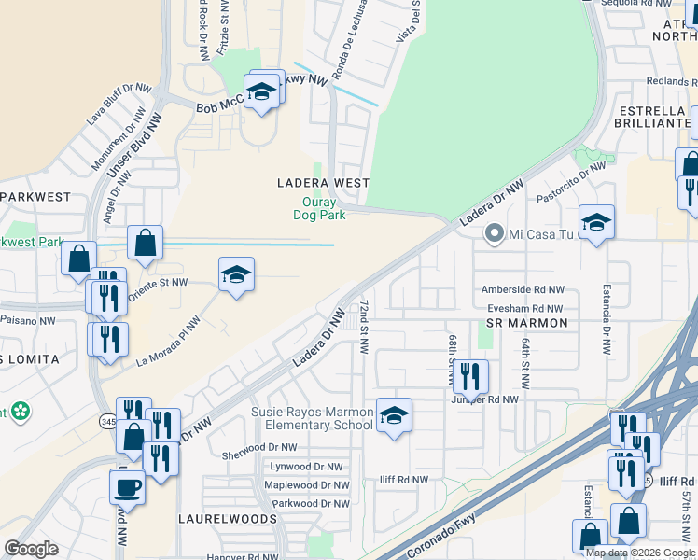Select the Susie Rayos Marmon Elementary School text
pyautogui.click(x=310, y=419)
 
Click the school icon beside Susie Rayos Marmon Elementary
pyautogui.click(x=394, y=415)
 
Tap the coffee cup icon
pyautogui.click(x=127, y=485)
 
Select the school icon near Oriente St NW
pyautogui.click(x=236, y=274)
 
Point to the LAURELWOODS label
pyautogui.click(x=228, y=518)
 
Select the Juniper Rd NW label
pyautogui.click(x=484, y=399)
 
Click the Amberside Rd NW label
pyautogui.click(x=522, y=291)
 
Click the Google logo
pyautogui.click(x=32, y=549)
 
